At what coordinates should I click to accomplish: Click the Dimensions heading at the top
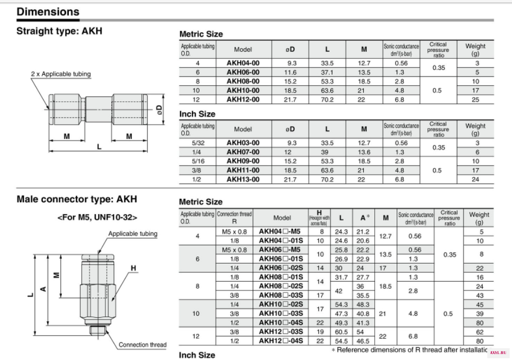[x=48, y=12]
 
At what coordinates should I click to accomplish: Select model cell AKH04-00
[x=243, y=63]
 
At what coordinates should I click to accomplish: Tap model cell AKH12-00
[x=243, y=99]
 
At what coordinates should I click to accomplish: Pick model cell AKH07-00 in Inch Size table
[x=243, y=152]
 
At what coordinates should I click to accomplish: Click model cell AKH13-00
[x=243, y=179]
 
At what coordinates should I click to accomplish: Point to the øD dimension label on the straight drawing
[x=159, y=109]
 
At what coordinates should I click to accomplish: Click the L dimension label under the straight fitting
[x=99, y=147]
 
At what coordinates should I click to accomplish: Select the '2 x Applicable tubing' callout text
[x=61, y=74]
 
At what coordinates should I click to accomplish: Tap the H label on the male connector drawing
[x=133, y=268]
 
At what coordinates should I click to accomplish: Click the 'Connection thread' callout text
[x=142, y=345]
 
